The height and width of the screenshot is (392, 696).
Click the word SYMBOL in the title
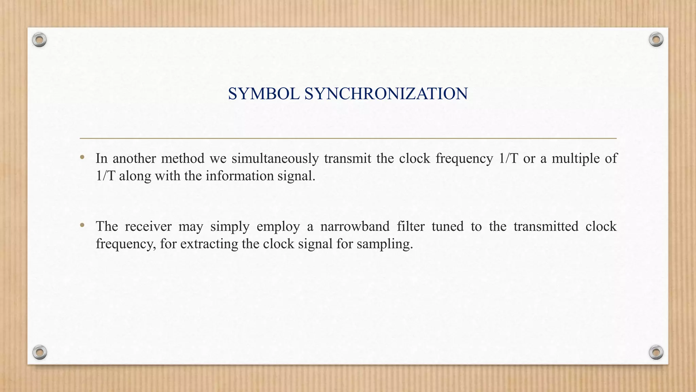point(264,94)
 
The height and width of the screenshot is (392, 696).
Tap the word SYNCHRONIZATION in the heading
point(386,94)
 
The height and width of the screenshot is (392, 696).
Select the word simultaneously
point(275,159)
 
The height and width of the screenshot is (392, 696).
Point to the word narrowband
point(355,227)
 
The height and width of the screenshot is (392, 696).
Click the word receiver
point(148,227)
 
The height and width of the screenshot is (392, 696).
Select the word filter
point(411,227)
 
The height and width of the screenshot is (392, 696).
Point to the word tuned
point(448,227)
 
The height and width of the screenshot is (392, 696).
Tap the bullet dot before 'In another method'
point(82,157)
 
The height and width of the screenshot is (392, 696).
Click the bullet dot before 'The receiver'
point(82,225)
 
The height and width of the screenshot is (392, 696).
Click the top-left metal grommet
point(39,40)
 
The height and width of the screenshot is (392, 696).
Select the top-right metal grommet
point(656,40)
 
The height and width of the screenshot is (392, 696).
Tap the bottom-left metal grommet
point(39,352)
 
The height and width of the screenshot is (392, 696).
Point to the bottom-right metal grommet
point(656,352)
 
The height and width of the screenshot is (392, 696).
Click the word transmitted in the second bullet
point(546,227)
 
